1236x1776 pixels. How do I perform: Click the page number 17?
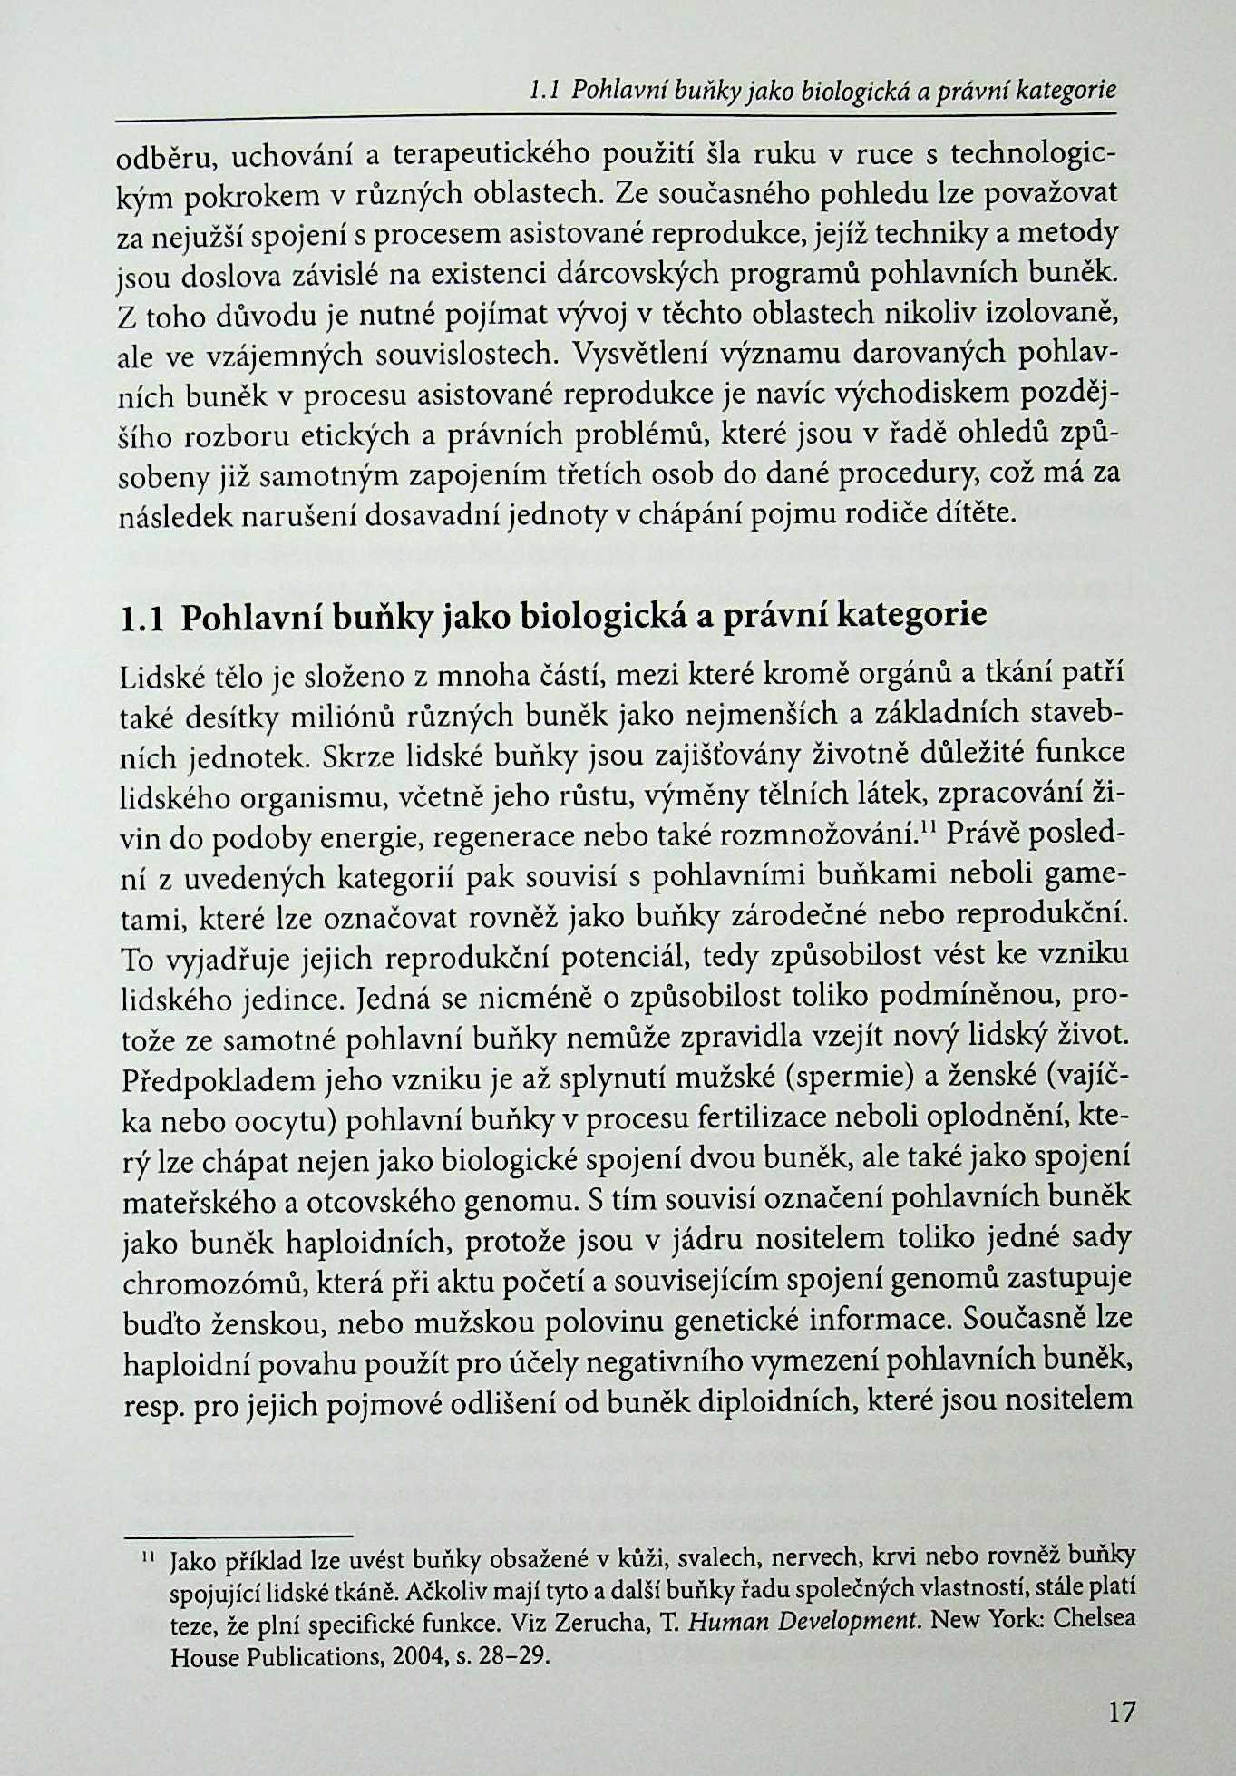click(1122, 1713)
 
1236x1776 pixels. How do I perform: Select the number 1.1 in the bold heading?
click(141, 619)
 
